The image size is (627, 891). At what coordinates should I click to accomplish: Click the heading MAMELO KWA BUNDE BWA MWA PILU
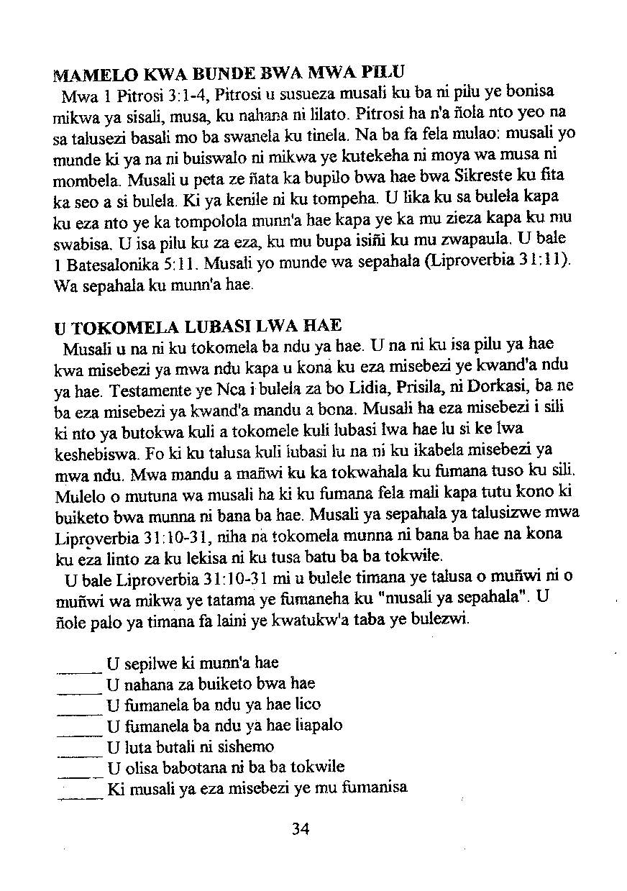(x=230, y=73)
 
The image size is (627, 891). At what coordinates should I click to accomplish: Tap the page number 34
(x=301, y=829)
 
